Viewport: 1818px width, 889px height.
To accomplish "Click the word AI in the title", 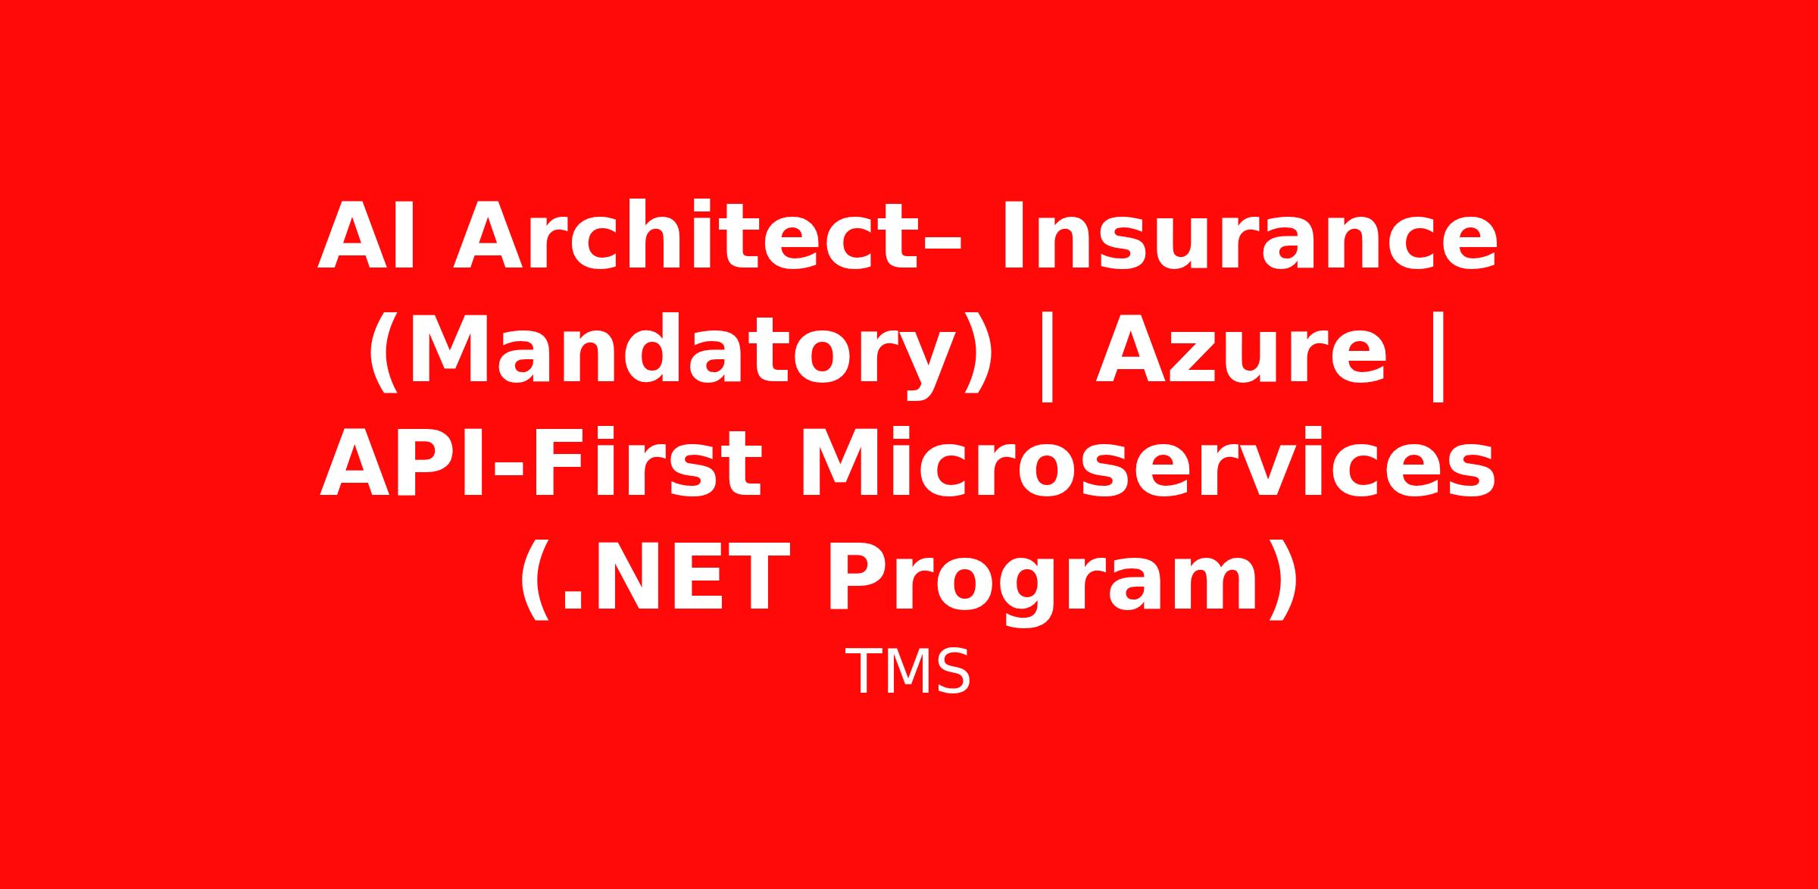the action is click(x=367, y=235).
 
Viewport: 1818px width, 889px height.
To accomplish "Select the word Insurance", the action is click(x=1249, y=234).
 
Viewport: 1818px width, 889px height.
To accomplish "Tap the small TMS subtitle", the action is click(x=907, y=672).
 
